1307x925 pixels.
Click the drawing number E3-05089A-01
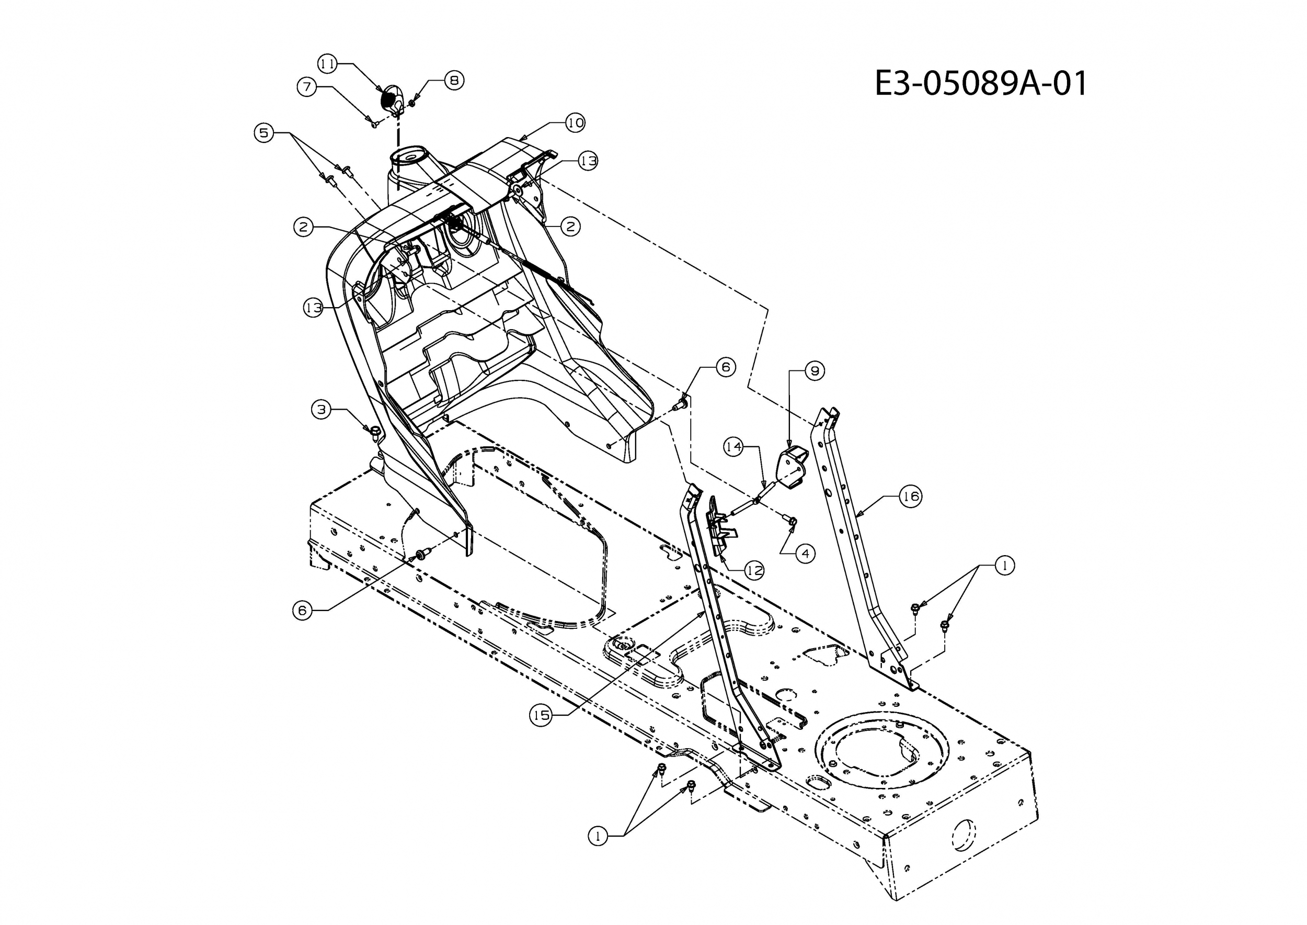click(x=980, y=83)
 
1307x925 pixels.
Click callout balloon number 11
click(x=327, y=63)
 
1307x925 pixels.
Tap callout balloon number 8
click(x=454, y=81)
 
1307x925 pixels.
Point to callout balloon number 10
click(x=575, y=122)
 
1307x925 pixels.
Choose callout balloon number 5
click(x=263, y=133)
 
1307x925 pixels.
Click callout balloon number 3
click(x=322, y=410)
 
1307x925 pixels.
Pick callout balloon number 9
click(x=815, y=371)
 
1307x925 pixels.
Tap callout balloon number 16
click(x=911, y=497)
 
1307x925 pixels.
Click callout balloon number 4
click(x=805, y=553)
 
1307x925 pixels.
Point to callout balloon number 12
click(x=755, y=570)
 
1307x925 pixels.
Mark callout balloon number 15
click(x=541, y=715)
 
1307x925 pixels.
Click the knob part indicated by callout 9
click(x=793, y=463)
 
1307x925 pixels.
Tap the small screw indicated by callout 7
click(x=374, y=122)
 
